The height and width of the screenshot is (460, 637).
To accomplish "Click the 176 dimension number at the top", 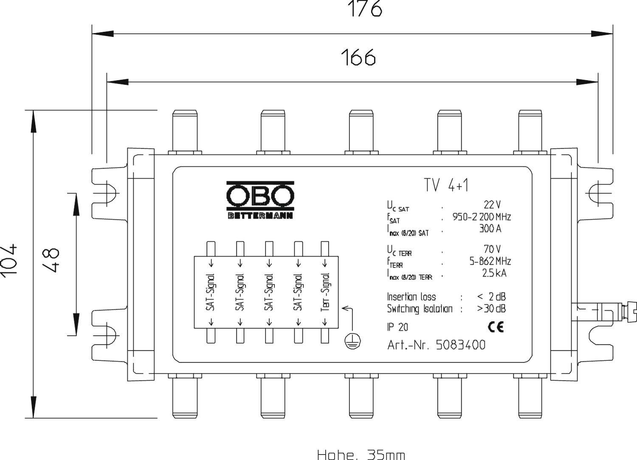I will (x=365, y=9).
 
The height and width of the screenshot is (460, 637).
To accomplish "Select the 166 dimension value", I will (x=358, y=58).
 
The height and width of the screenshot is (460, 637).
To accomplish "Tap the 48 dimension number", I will (x=51, y=260).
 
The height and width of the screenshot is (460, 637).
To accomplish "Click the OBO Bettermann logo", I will (x=260, y=200).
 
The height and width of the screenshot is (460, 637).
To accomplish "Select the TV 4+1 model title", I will (x=446, y=185).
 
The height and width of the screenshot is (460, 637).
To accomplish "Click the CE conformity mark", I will (x=496, y=327).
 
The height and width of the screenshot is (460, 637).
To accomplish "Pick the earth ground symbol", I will (x=353, y=340).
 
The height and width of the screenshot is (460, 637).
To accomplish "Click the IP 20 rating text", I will (x=397, y=327).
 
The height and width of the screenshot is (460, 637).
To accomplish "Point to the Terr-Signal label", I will (x=325, y=292).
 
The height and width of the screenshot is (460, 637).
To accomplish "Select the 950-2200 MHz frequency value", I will (x=481, y=217).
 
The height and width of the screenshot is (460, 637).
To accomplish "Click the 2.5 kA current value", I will (x=494, y=273).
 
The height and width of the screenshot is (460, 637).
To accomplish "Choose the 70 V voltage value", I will (x=492, y=249).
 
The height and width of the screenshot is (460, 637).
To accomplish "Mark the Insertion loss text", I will (x=411, y=297).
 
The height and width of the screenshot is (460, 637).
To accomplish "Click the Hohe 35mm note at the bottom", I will (x=361, y=454).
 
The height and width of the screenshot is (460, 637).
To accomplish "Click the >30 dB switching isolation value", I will (x=491, y=309).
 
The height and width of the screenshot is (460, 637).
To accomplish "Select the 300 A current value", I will (x=490, y=229).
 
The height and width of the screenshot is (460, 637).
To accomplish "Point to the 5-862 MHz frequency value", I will (x=490, y=261).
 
